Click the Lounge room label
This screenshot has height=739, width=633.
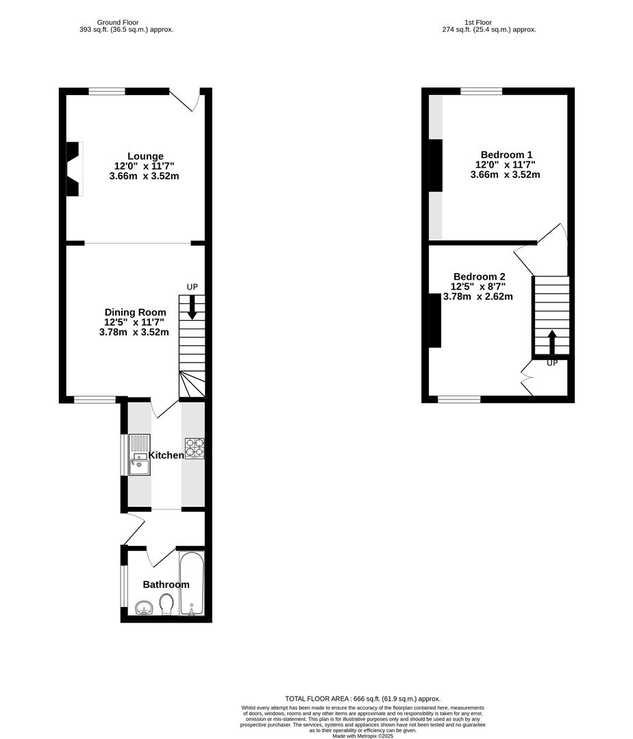pyautogui.click(x=145, y=157)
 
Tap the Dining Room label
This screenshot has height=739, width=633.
pyautogui.click(x=135, y=313)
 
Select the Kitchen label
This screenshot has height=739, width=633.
pyautogui.click(x=166, y=455)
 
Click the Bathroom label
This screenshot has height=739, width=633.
pyautogui.click(x=166, y=584)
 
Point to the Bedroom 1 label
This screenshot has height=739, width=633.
pyautogui.click(x=506, y=155)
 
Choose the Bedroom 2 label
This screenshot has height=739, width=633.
pyautogui.click(x=478, y=276)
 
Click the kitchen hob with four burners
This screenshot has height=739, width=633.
pyautogui.click(x=194, y=448)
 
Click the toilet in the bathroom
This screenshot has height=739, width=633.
pyautogui.click(x=166, y=604)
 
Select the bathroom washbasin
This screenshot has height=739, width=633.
pyautogui.click(x=144, y=607)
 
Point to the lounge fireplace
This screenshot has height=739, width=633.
pyautogui.click(x=73, y=169)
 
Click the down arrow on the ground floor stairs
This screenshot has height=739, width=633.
pyautogui.click(x=192, y=307)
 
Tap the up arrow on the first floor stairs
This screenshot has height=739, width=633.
pyautogui.click(x=552, y=342)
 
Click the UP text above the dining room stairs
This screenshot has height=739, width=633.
pyautogui.click(x=193, y=287)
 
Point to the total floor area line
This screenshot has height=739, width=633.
pyautogui.click(x=363, y=699)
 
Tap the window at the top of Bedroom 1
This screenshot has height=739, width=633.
pyautogui.click(x=481, y=91)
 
